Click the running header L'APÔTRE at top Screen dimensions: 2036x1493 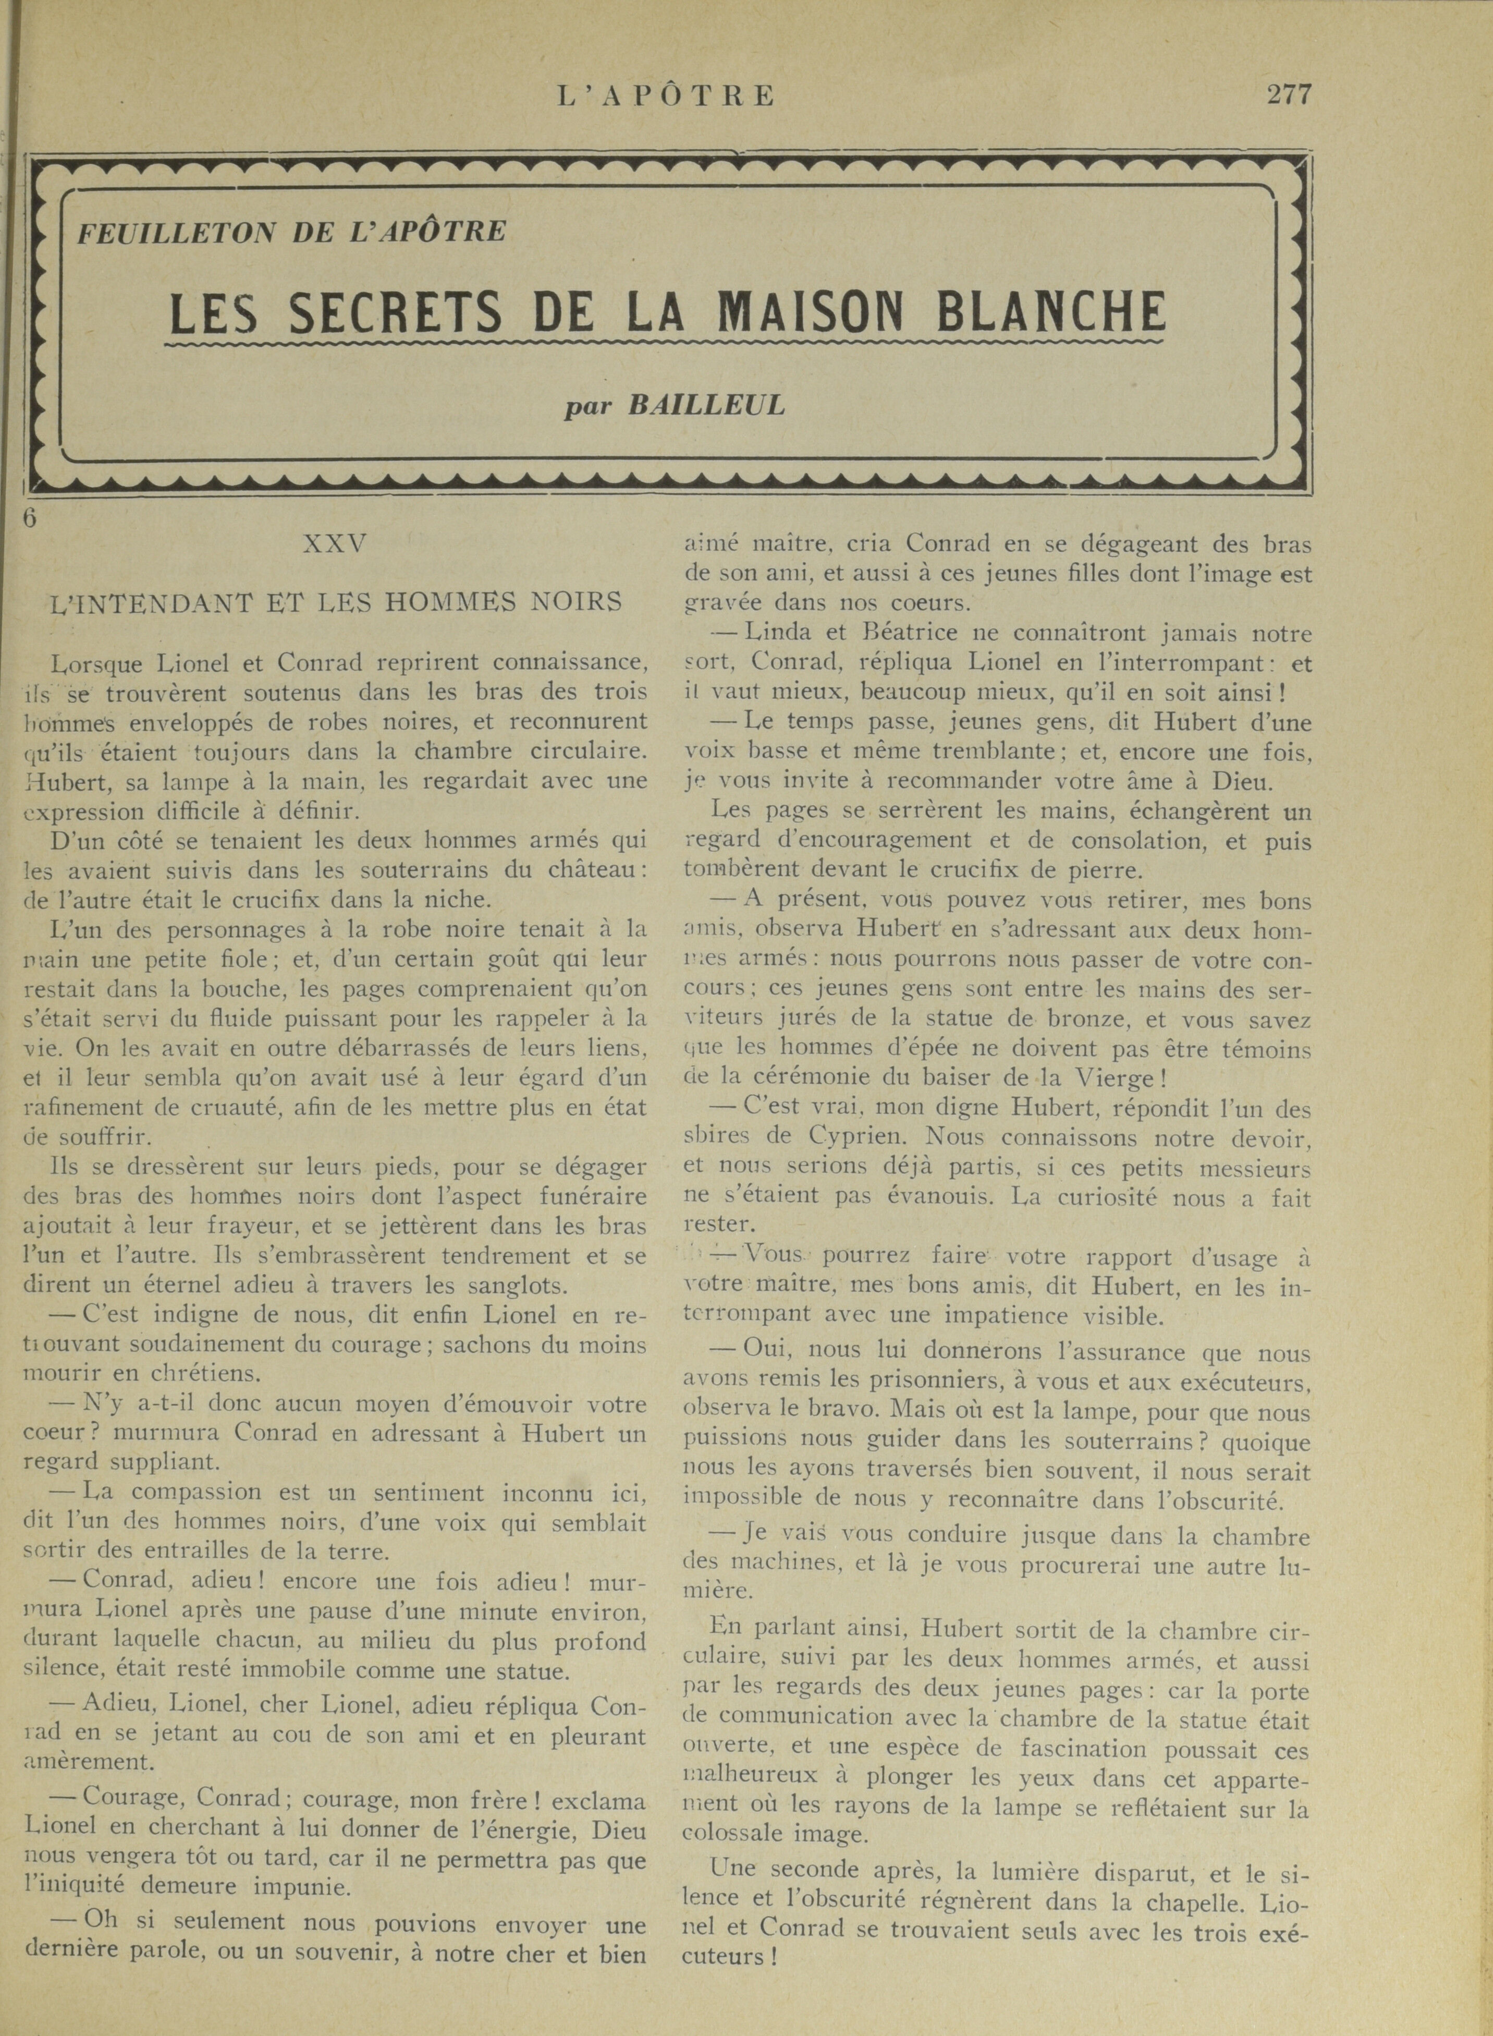point(666,96)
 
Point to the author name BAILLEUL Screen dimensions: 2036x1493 point(706,405)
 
